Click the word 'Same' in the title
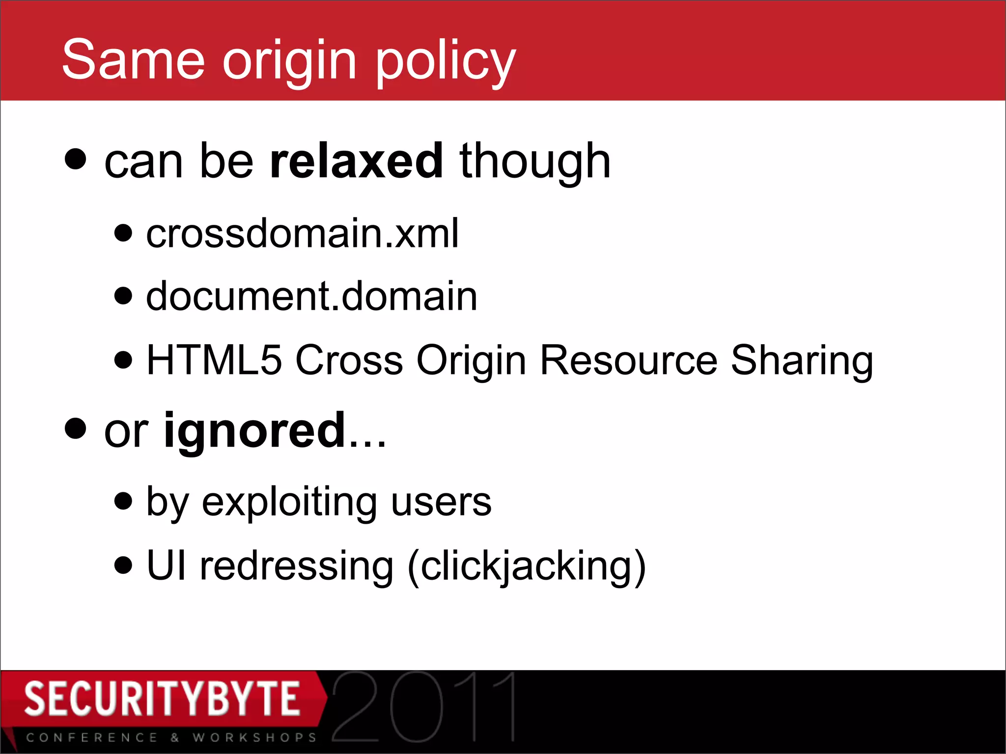[133, 60]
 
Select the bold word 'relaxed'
[357, 161]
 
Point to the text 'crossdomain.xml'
[303, 233]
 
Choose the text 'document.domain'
[312, 296]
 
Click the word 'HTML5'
[215, 360]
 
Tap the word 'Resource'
[629, 360]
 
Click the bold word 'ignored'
[255, 431]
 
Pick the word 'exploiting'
[289, 503]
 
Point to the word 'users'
[441, 503]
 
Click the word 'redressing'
[297, 566]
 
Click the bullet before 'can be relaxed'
[76, 159]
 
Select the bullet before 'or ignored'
[76, 429]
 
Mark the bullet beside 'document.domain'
[123, 296]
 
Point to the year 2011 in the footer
[424, 707]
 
